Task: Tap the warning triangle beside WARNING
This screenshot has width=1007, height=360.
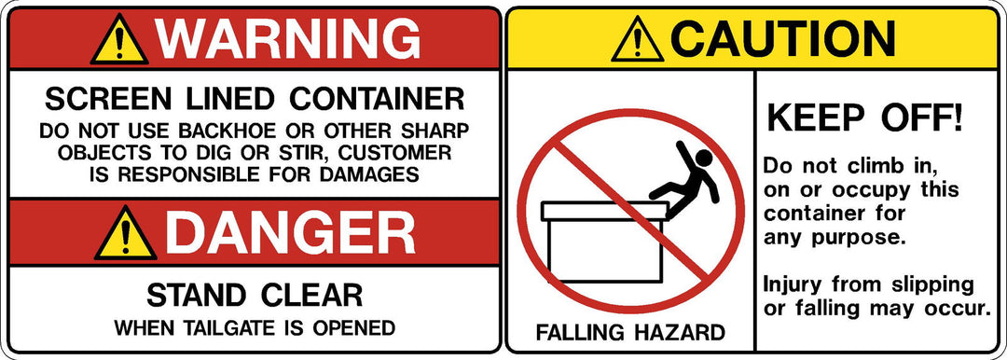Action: [117, 41]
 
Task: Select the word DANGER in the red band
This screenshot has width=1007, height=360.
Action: [289, 233]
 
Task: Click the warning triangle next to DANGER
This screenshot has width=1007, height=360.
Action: [125, 236]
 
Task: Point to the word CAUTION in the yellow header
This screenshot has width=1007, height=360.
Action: [783, 38]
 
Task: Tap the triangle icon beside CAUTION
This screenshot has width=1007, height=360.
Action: [638, 41]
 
